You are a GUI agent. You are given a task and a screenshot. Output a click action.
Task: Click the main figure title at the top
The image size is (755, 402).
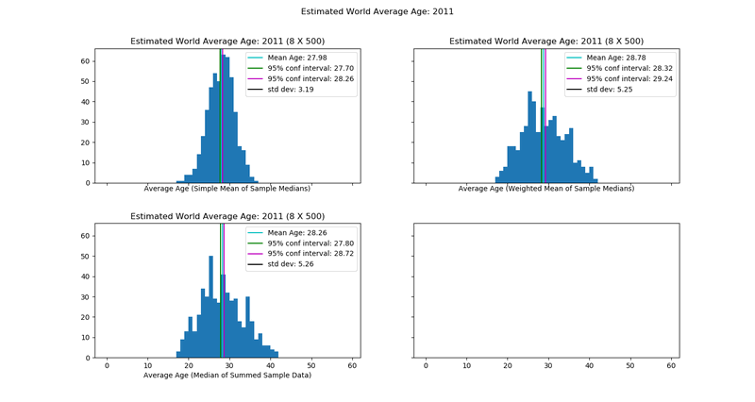pos(377,12)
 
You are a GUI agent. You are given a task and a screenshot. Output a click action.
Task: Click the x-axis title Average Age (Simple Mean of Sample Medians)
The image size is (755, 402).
pos(227,189)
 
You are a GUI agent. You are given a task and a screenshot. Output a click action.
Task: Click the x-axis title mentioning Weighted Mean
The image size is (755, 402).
pos(546,189)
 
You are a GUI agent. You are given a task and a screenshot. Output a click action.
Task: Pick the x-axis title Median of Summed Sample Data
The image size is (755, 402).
pos(227,376)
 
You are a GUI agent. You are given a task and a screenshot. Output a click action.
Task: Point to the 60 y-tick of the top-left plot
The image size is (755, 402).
pos(84,61)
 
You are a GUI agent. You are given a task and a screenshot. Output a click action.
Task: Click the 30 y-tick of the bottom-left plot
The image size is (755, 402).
pos(84,296)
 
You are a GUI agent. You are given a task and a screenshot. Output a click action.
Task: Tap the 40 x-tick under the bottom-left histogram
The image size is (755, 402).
pos(271,365)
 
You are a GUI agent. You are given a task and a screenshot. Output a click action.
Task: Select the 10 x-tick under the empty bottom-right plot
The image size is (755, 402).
pos(466,365)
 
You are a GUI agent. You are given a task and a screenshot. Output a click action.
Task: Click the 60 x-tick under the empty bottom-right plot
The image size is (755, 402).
pos(671,365)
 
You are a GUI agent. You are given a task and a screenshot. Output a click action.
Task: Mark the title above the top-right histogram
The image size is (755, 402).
pos(546,42)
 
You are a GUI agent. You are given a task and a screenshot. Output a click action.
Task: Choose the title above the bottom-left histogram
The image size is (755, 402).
pos(227,216)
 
